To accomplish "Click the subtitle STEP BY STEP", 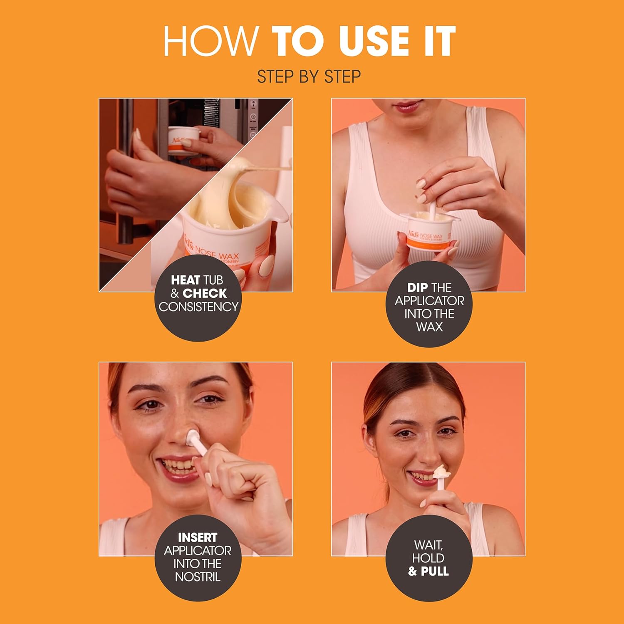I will click(x=309, y=77).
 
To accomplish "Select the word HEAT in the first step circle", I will click(x=186, y=280).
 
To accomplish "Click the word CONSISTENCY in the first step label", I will click(x=198, y=307).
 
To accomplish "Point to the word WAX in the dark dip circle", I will click(x=429, y=327).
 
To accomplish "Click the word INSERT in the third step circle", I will click(x=198, y=537).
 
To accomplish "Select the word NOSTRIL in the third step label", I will click(x=198, y=577).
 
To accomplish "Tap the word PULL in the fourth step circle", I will click(x=435, y=571).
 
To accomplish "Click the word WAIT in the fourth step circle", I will click(x=428, y=545).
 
